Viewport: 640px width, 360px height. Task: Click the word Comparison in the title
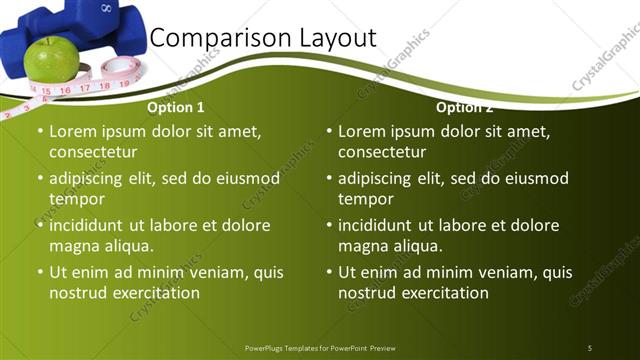[x=208, y=39]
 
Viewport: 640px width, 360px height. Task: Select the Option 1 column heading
[x=176, y=107]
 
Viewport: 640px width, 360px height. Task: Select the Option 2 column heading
[x=464, y=107]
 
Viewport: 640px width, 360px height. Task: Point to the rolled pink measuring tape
[x=120, y=69]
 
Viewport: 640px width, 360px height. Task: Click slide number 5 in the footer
[x=589, y=348]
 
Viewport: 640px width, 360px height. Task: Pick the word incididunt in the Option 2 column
[x=382, y=225]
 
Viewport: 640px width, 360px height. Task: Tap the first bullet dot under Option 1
[x=39, y=132]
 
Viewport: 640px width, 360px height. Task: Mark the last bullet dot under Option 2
[x=328, y=272]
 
